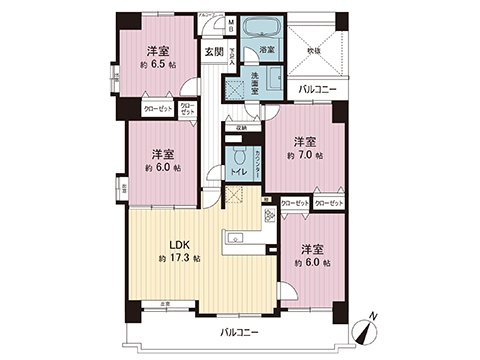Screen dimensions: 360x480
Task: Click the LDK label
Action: tap(179, 244)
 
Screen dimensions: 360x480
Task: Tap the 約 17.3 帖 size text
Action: tap(179, 258)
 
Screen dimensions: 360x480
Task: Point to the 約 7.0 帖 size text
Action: tap(304, 156)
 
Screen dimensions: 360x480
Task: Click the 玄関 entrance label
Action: tap(214, 51)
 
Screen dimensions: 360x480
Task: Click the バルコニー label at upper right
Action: tap(319, 90)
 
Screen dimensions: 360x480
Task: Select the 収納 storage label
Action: tap(241, 128)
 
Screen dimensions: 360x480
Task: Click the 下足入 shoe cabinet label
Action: tap(231, 56)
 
